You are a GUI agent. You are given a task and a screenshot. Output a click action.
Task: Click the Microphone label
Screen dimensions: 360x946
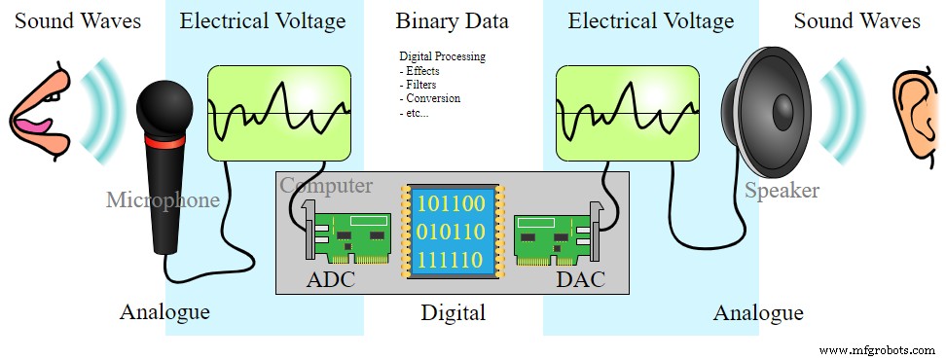[x=163, y=200]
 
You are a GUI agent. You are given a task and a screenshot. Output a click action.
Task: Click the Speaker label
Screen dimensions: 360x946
[x=782, y=191]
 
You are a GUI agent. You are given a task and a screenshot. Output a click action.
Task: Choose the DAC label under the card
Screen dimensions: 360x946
[x=580, y=280]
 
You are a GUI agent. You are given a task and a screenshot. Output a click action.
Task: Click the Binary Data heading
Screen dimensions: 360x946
[x=452, y=21]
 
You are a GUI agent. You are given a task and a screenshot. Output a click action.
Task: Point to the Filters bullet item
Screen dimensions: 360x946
[x=421, y=85]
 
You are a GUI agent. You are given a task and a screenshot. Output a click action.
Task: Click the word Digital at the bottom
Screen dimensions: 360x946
[x=453, y=313]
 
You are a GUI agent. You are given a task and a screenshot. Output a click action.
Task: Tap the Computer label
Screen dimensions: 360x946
[x=326, y=185]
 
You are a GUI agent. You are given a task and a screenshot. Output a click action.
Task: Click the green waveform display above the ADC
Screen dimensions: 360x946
[x=279, y=112]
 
